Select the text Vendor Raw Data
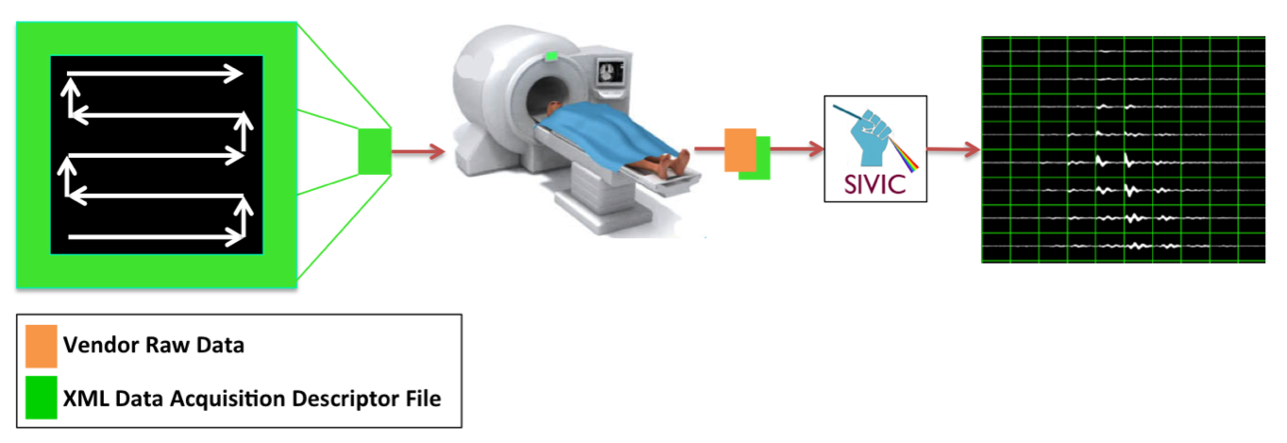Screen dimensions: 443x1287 pyautogui.click(x=154, y=346)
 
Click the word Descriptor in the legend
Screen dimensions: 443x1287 pyautogui.click(x=347, y=399)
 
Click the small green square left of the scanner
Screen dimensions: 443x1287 pyautogui.click(x=374, y=152)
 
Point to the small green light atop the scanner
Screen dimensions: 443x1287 pyautogui.click(x=550, y=58)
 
